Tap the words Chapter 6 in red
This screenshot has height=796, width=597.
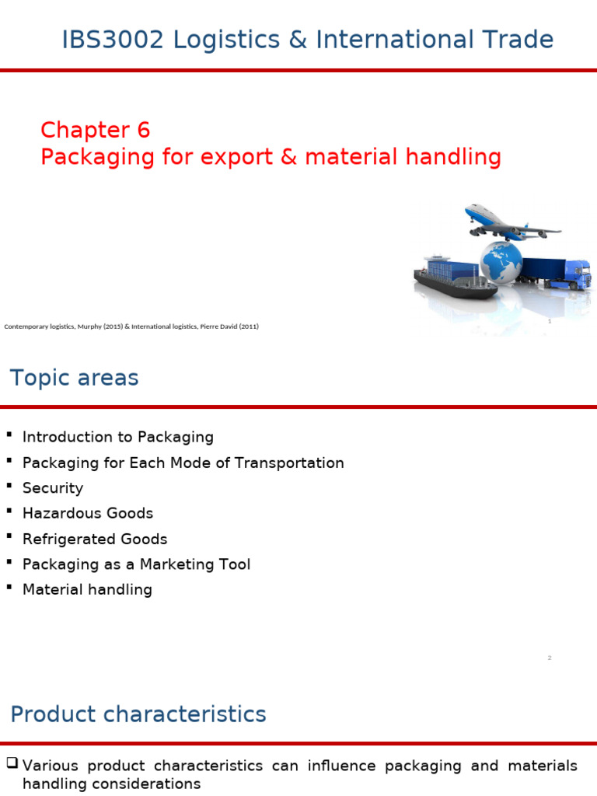coord(95,130)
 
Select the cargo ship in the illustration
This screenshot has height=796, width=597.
coord(452,278)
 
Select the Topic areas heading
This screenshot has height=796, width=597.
coord(74,379)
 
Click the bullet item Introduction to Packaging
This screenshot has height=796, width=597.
coord(117,438)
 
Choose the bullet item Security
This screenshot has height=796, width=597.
coord(53,488)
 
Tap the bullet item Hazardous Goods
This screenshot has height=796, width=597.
coord(88,513)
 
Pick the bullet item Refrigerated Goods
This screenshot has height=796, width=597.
coord(95,539)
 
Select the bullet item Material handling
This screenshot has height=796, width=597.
coord(87,589)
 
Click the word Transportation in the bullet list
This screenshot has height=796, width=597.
coord(290,463)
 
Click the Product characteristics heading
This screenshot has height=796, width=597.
coord(138,714)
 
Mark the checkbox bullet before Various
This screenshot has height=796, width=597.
coord(12,765)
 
